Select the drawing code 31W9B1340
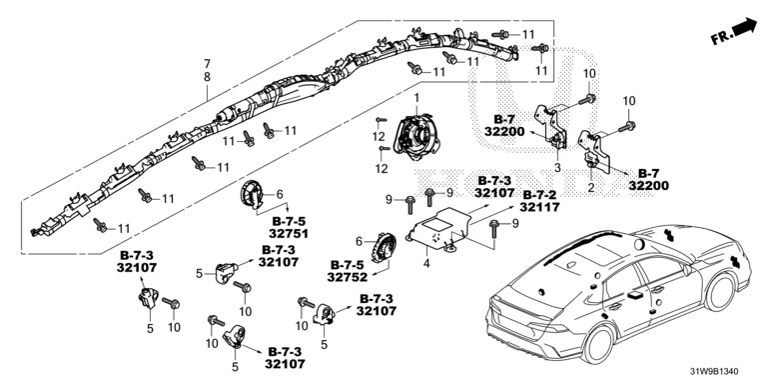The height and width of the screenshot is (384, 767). (x=714, y=372)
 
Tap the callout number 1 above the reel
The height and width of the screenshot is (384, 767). (x=416, y=98)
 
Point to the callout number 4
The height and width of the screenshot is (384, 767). (x=426, y=264)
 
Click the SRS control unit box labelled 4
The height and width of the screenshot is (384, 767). (x=437, y=229)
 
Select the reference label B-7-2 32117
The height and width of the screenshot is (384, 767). (x=539, y=201)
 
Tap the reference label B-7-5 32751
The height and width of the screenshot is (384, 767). (x=289, y=228)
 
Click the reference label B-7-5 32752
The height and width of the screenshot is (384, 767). (x=348, y=271)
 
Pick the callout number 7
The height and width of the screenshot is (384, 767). (x=208, y=64)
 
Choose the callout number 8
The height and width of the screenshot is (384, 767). (x=208, y=77)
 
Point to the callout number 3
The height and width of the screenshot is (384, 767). (x=557, y=168)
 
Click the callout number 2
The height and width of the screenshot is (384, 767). (x=591, y=187)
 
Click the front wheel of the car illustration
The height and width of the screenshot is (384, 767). (x=719, y=292)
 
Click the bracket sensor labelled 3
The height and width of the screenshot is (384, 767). (x=550, y=124)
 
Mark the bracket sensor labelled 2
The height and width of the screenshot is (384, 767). (x=594, y=149)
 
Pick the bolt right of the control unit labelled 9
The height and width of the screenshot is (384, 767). (x=493, y=230)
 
